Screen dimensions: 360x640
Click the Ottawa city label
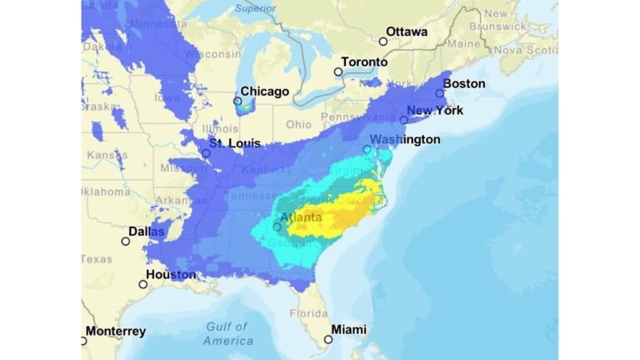point(407,32)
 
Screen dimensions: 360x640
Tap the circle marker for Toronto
point(338,72)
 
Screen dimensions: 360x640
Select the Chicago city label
point(264,91)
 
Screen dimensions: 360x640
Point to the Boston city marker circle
point(440,93)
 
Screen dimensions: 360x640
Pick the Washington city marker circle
point(367,149)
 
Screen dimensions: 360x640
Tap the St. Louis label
point(234,143)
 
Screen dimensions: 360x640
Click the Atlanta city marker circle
point(277,226)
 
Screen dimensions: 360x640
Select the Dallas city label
point(146,232)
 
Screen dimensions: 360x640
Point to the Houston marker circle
point(142,284)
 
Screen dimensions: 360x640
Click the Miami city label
point(348,329)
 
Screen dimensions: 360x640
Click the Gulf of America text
point(227,333)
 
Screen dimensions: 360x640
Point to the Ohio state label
point(298,124)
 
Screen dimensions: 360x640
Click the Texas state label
point(97,259)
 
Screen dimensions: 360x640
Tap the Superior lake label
point(255,8)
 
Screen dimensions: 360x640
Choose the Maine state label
point(463,42)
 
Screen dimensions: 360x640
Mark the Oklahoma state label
point(106,192)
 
